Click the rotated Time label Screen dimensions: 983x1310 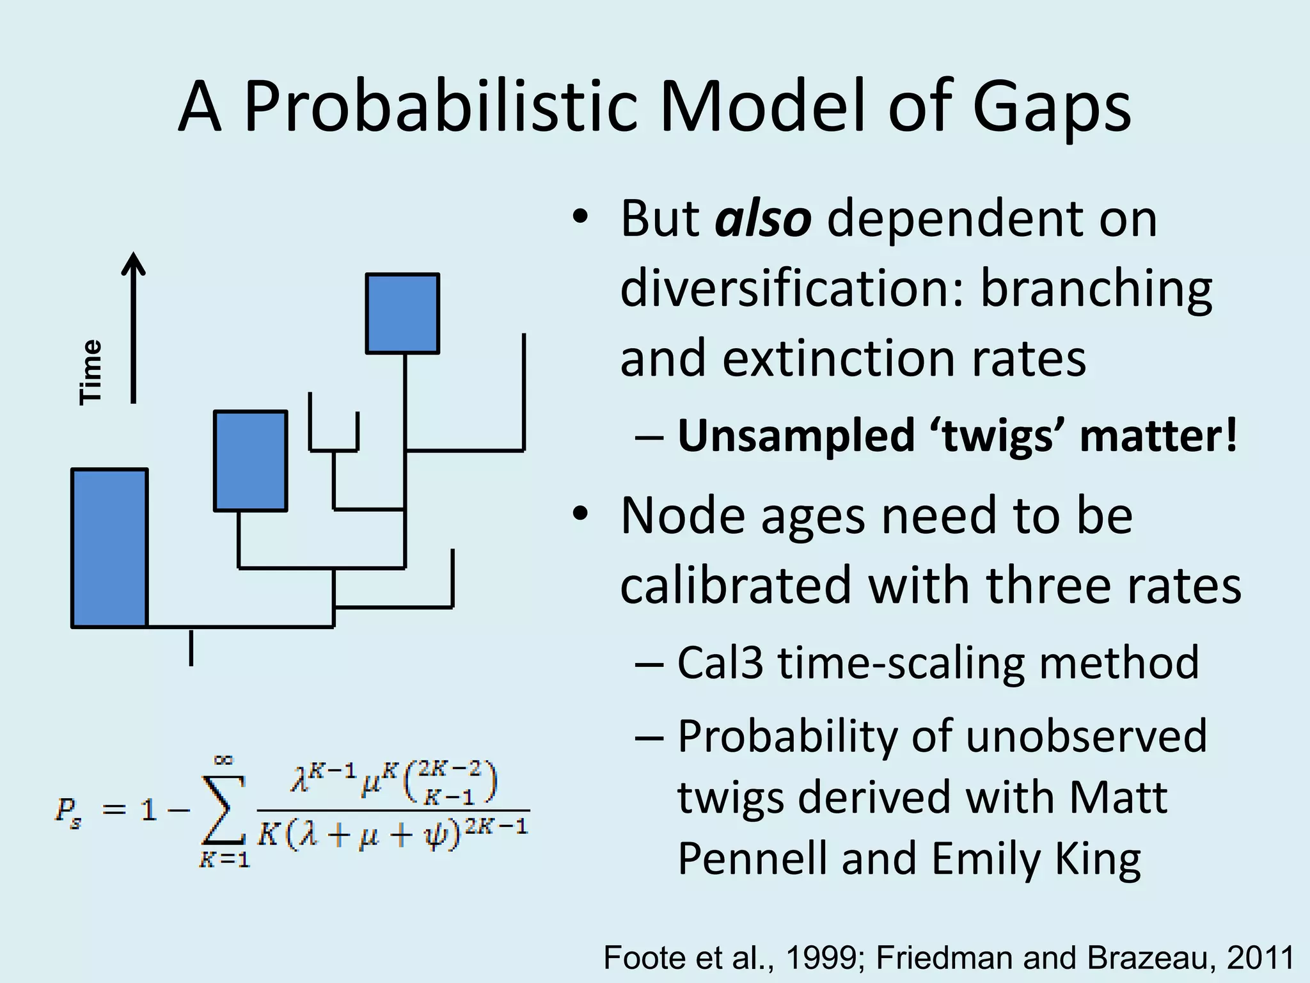tap(91, 372)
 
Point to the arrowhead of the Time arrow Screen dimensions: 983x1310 tap(133, 262)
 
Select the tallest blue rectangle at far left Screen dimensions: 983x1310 tap(109, 548)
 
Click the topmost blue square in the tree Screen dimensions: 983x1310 tap(402, 313)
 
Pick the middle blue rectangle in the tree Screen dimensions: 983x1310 tap(250, 461)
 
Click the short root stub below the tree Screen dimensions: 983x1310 tap(191, 648)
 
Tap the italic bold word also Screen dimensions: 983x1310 tap(763, 219)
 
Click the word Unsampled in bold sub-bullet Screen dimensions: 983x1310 tap(796, 436)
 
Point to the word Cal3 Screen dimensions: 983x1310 tap(720, 663)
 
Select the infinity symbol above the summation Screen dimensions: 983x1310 tap(223, 760)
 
